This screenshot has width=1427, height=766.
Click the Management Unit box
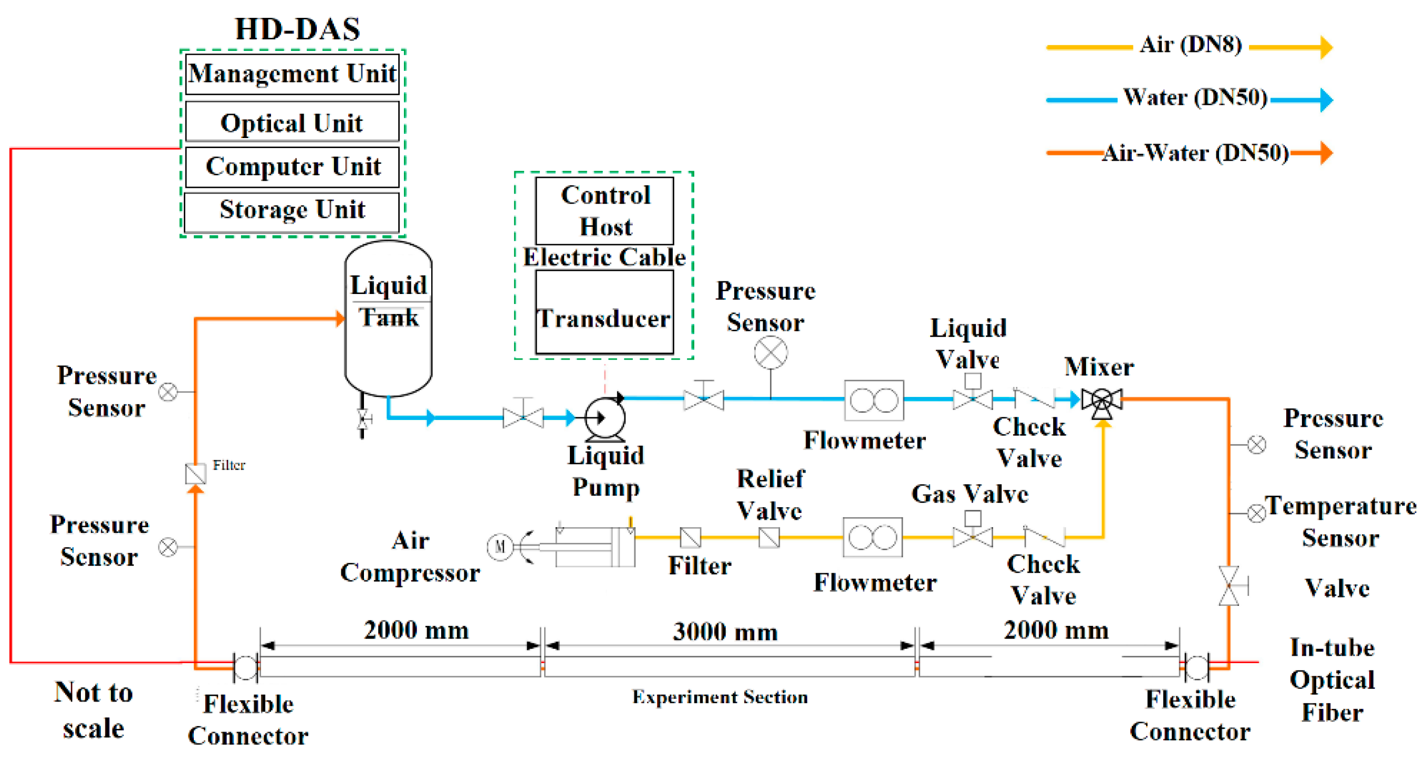point(292,74)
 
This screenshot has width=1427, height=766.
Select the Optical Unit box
point(292,122)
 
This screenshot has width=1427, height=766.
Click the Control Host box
point(605,211)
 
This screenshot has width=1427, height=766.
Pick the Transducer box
point(605,313)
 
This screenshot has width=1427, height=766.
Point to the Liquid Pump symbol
point(605,418)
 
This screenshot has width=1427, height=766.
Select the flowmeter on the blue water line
point(873,400)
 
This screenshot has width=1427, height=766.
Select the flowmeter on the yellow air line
point(872,537)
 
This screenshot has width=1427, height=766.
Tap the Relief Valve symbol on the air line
point(769,537)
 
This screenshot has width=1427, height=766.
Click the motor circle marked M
point(499,547)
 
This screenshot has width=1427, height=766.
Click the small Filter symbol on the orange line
point(195,474)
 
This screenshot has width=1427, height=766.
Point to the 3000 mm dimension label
point(725,632)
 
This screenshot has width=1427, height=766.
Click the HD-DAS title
point(297,29)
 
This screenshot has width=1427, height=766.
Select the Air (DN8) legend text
point(1191,44)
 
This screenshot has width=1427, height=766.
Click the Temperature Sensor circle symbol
point(1256,513)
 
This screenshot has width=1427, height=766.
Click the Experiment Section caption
point(720,697)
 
